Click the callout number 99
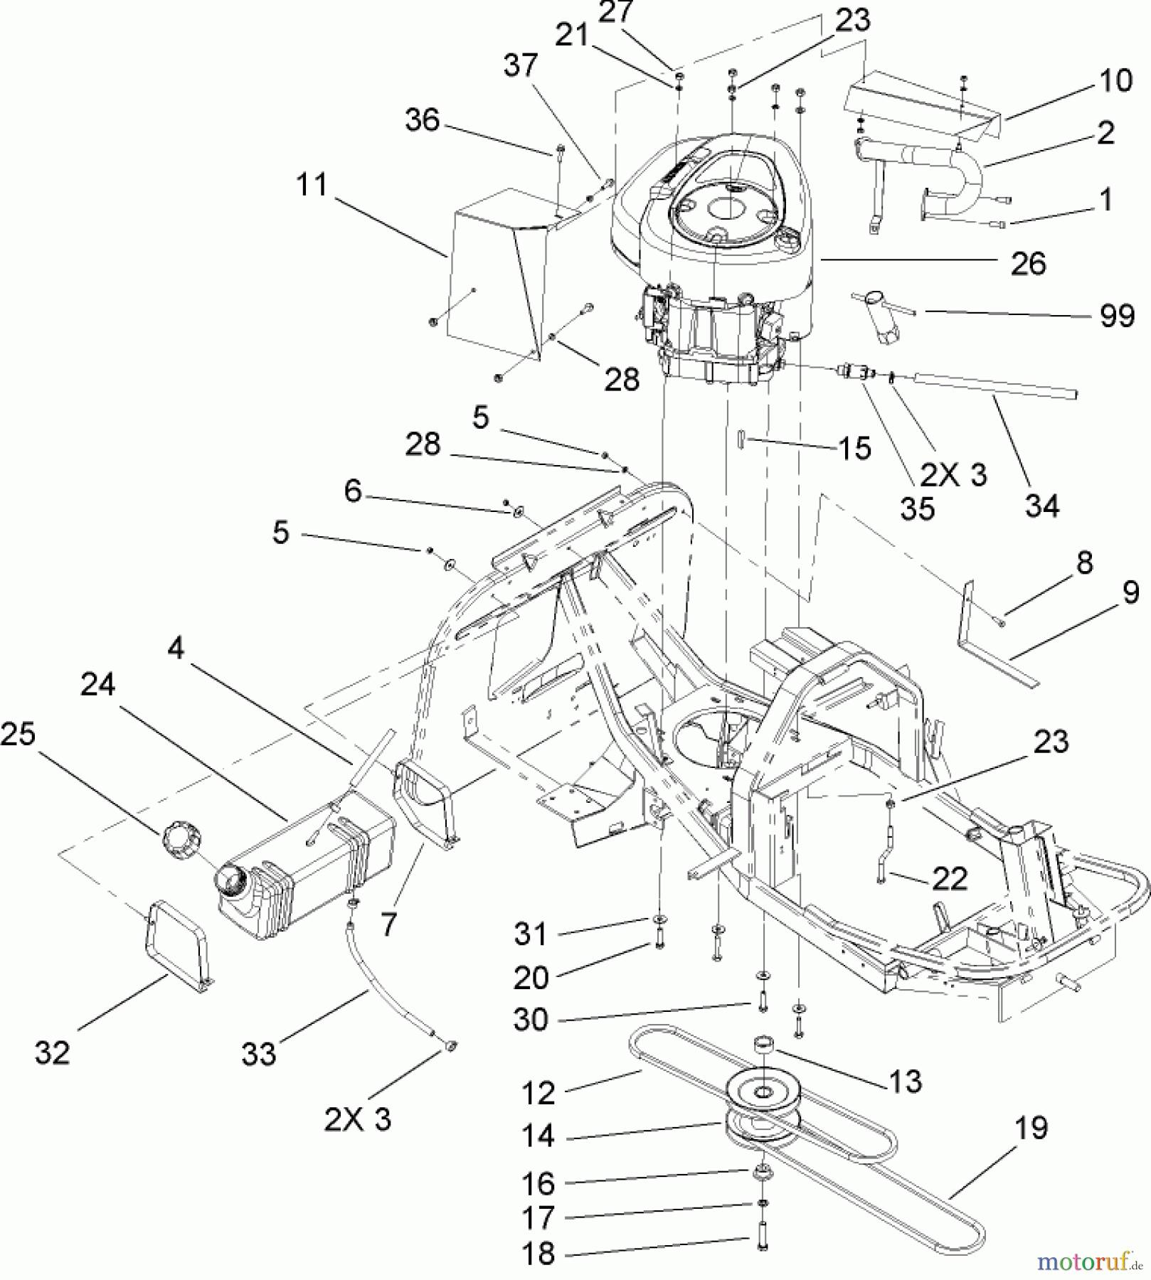pos(1117,315)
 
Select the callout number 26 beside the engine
pos(1028,265)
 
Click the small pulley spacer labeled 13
pos(765,1047)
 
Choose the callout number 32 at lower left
pos(52,1052)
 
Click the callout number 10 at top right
pos(1115,80)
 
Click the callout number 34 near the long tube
pos(1042,506)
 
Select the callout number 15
pos(854,448)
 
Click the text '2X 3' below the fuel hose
pos(358,1119)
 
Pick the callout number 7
pos(388,924)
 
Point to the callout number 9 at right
pos(1130,592)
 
